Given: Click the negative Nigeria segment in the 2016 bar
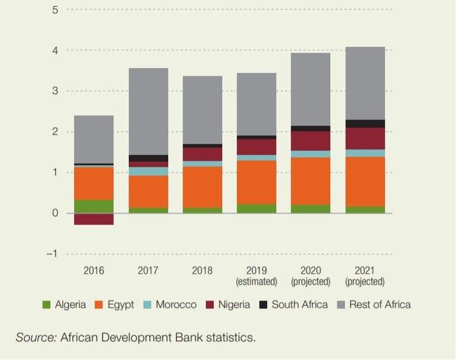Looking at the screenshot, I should [94, 219].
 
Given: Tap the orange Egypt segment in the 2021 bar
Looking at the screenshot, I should [365, 182].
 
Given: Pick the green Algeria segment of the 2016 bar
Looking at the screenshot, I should [94, 206].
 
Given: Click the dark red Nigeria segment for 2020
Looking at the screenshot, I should [311, 141].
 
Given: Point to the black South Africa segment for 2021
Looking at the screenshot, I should [365, 124].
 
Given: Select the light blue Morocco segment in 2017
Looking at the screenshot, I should [148, 171].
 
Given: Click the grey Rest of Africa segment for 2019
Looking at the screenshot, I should [256, 104].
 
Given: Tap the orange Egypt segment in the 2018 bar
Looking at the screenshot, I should [202, 187].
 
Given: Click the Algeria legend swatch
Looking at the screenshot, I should [46, 305].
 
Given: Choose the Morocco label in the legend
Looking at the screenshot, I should [176, 305].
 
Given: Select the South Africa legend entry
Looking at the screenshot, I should [299, 305].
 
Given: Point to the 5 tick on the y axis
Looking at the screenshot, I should [55, 10].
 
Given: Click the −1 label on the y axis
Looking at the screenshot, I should [53, 254].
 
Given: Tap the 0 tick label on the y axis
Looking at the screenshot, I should [55, 213].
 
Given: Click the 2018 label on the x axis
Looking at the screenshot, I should [202, 271].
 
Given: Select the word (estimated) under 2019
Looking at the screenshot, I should [256, 282].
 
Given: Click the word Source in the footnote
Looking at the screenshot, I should [35, 338].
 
